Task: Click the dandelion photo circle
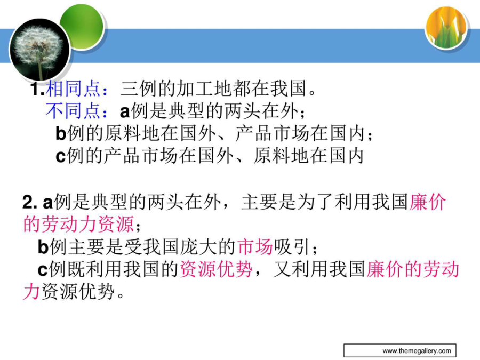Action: pyautogui.click(x=40, y=50)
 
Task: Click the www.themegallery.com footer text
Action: pyautogui.click(x=417, y=351)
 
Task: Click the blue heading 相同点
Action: pyautogui.click(x=73, y=89)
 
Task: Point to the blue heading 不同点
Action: pyautogui.click(x=73, y=111)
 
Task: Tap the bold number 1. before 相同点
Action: pyautogui.click(x=37, y=89)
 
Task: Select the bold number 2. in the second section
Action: pyautogui.click(x=30, y=203)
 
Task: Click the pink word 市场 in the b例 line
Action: pyautogui.click(x=255, y=247)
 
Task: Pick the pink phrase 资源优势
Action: pyautogui.click(x=216, y=269)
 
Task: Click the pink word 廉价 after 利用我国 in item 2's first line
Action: pyautogui.click(x=427, y=202)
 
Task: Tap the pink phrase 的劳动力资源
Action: pyautogui.click(x=78, y=224)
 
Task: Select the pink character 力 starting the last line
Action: pyautogui.click(x=31, y=291)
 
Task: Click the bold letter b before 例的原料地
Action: pyautogui.click(x=61, y=133)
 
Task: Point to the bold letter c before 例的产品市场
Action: pyautogui.click(x=61, y=157)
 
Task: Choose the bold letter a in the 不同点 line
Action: pyautogui.click(x=125, y=112)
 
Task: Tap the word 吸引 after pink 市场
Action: pyautogui.click(x=291, y=247)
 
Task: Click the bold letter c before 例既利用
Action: pyautogui.click(x=43, y=270)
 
